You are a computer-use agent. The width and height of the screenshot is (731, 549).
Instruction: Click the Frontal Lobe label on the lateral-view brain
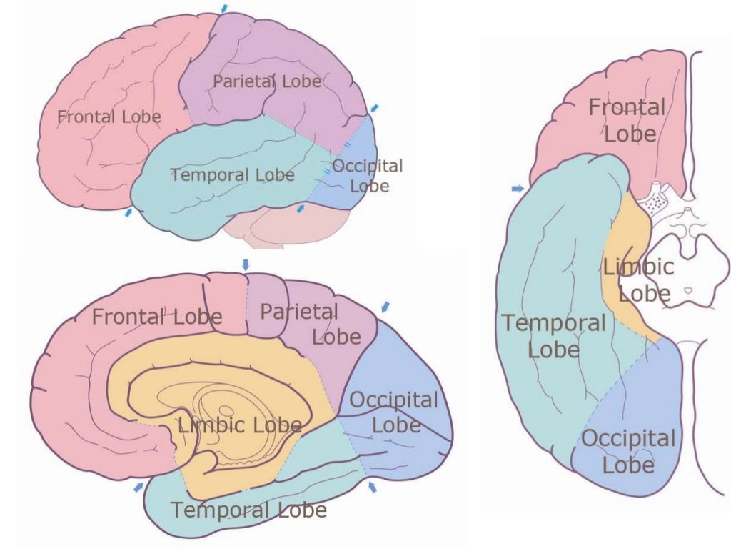(109, 116)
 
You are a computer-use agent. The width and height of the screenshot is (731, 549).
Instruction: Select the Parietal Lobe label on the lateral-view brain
(267, 81)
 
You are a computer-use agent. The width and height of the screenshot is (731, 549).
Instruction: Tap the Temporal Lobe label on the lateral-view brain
(232, 175)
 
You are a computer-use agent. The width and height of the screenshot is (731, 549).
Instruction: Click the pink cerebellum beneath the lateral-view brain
(286, 227)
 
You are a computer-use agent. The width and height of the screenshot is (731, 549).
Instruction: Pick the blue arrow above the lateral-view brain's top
(226, 7)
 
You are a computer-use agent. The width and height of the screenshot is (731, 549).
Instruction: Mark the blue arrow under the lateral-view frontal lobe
(128, 212)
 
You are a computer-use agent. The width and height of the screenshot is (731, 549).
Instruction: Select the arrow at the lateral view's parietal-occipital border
(374, 109)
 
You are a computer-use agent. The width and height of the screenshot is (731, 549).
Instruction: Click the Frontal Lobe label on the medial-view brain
(157, 316)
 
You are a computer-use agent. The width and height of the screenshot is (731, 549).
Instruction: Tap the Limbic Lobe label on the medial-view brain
(240, 426)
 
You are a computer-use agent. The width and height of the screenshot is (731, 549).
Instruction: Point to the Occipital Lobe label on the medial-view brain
(394, 412)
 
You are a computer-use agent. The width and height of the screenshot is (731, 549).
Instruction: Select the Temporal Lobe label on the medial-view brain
(248, 510)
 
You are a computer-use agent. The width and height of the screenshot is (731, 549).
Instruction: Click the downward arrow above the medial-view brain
(246, 264)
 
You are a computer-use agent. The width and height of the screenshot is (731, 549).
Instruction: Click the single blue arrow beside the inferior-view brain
(518, 188)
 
